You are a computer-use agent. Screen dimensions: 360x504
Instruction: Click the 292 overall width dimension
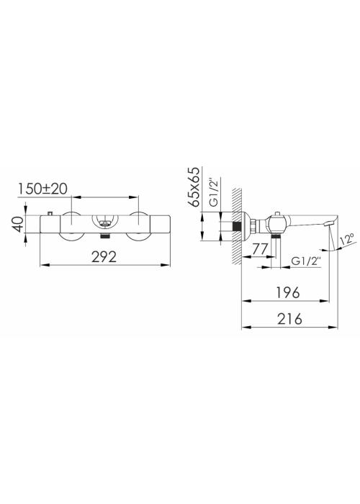(x=104, y=256)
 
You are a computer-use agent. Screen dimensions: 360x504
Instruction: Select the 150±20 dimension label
(x=42, y=189)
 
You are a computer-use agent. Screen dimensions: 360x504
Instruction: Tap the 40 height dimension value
(x=18, y=224)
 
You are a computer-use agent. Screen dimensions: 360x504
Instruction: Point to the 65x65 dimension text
(x=195, y=186)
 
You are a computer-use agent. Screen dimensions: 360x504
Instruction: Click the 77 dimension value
(x=259, y=249)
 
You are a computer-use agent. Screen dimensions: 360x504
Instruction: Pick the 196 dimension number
(x=288, y=292)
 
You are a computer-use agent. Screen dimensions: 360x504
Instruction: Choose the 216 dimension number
(x=289, y=319)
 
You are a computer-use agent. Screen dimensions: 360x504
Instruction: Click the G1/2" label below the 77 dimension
(x=306, y=261)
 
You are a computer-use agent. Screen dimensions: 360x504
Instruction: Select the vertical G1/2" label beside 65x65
(x=214, y=192)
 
